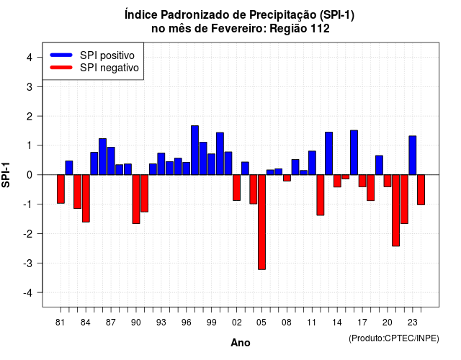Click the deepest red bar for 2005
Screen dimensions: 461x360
pyautogui.click(x=261, y=222)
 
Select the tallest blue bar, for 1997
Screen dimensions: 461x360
pyautogui.click(x=194, y=150)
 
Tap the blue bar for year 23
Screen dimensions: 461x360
pyautogui.click(x=413, y=156)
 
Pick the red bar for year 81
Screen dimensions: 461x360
pyautogui.click(x=61, y=189)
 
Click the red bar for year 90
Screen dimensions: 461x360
pyautogui.click(x=136, y=199)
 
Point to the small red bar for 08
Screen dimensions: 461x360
pyautogui.click(x=287, y=178)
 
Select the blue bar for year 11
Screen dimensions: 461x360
pyautogui.click(x=312, y=163)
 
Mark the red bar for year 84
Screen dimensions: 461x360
pyautogui.click(x=86, y=199)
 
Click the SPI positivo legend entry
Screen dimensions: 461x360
pyautogui.click(x=92, y=55)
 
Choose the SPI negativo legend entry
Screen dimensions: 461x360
pyautogui.click(x=94, y=68)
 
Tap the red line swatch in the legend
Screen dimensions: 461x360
pyautogui.click(x=61, y=68)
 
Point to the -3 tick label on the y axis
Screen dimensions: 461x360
pyautogui.click(x=29, y=263)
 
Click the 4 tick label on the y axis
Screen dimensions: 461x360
pyautogui.click(x=30, y=57)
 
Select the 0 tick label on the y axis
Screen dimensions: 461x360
pyautogui.click(x=30, y=175)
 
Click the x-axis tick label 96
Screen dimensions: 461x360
pyautogui.click(x=186, y=323)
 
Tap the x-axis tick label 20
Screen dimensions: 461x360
pyautogui.click(x=388, y=323)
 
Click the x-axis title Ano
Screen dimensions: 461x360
pyautogui.click(x=241, y=343)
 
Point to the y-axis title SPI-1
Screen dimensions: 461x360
pyautogui.click(x=6, y=175)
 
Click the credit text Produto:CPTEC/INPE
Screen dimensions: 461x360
pyautogui.click(x=394, y=338)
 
